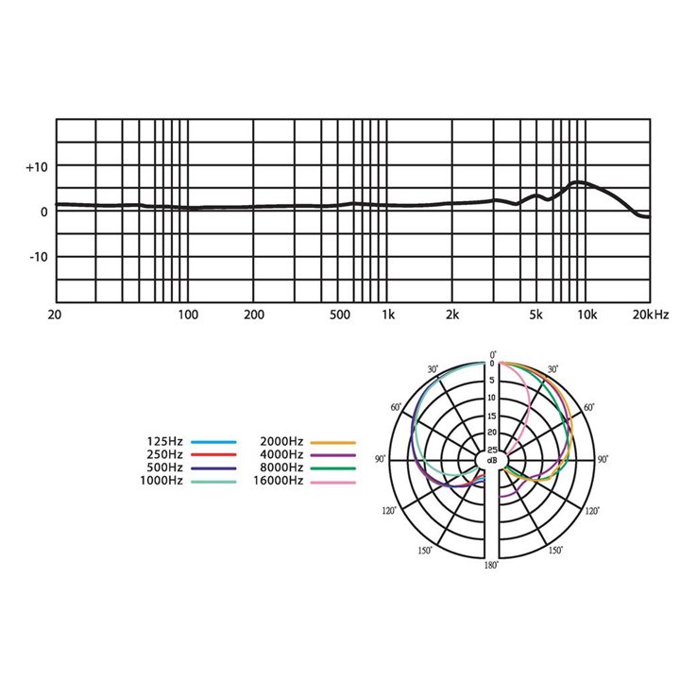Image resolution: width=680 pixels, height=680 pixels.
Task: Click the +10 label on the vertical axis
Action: (37, 167)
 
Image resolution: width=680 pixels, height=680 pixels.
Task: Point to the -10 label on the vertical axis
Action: (38, 257)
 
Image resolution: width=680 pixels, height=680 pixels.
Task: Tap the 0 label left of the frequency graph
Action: (43, 212)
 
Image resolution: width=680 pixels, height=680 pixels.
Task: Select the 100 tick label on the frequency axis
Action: (188, 314)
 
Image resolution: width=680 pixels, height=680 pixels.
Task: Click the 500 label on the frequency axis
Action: (340, 314)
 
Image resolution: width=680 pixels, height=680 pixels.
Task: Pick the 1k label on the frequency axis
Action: (388, 314)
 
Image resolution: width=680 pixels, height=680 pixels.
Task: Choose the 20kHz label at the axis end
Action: (651, 314)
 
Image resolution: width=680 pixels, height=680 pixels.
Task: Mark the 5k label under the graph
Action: (536, 314)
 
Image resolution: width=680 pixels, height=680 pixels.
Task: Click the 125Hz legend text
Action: (164, 441)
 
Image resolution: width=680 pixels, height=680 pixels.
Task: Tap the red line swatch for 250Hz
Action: (213, 455)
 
